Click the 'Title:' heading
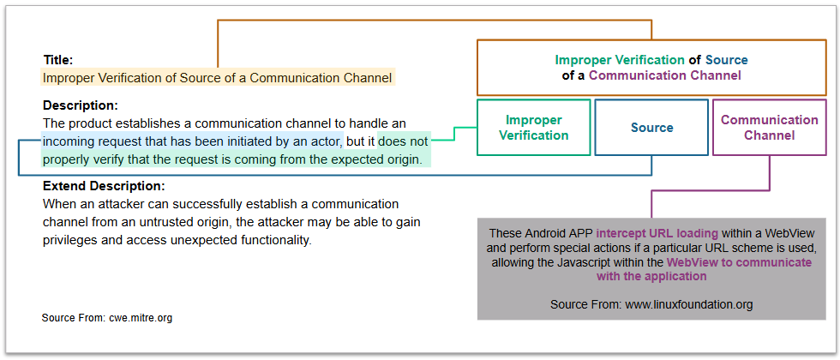coord(58,60)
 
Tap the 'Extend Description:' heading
coord(104,187)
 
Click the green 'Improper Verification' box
coord(533,128)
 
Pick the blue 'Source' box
coord(651,128)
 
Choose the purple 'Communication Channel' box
coord(770,128)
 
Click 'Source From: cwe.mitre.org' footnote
coord(107,318)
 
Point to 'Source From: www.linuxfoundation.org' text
coord(651,305)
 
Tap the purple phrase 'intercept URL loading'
coord(657,233)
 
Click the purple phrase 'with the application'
coord(651,276)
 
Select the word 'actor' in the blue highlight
coord(327,141)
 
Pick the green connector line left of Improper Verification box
coord(455,134)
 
